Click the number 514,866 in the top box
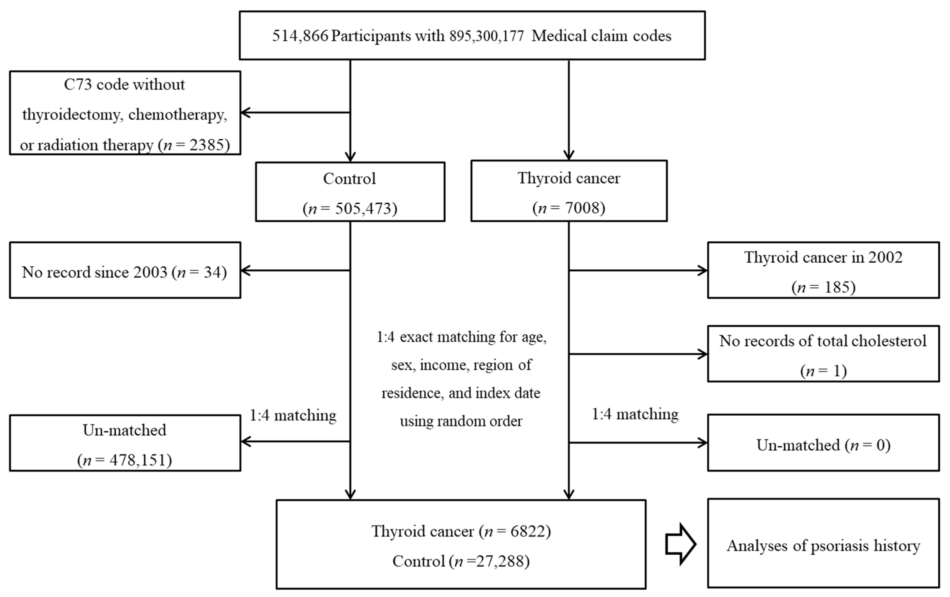pyautogui.click(x=300, y=36)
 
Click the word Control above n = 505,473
pyautogui.click(x=349, y=179)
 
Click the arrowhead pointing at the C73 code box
pyautogui.click(x=245, y=113)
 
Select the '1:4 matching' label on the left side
pyautogui.click(x=293, y=416)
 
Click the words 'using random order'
pyautogui.click(x=461, y=421)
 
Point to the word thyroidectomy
pyautogui.click(x=72, y=115)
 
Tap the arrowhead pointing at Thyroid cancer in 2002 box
pyautogui.click(x=702, y=271)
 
